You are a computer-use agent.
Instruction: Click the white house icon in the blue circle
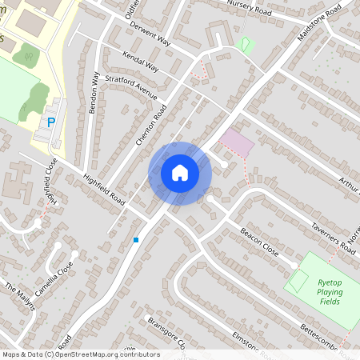coord(179,173)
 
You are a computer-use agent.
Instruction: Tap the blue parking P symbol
coord(50,122)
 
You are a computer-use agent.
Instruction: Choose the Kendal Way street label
coord(141,62)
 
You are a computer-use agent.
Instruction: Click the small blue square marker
coord(136,239)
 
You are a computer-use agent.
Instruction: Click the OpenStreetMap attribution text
coord(80,354)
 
